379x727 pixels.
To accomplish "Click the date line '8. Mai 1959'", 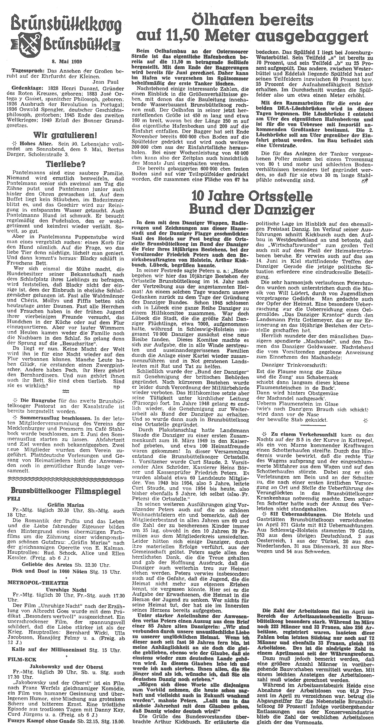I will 67,62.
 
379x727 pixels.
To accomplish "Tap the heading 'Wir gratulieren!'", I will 66,135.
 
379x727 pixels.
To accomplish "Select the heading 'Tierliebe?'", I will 67,164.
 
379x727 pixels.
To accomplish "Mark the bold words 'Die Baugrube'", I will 31,401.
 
